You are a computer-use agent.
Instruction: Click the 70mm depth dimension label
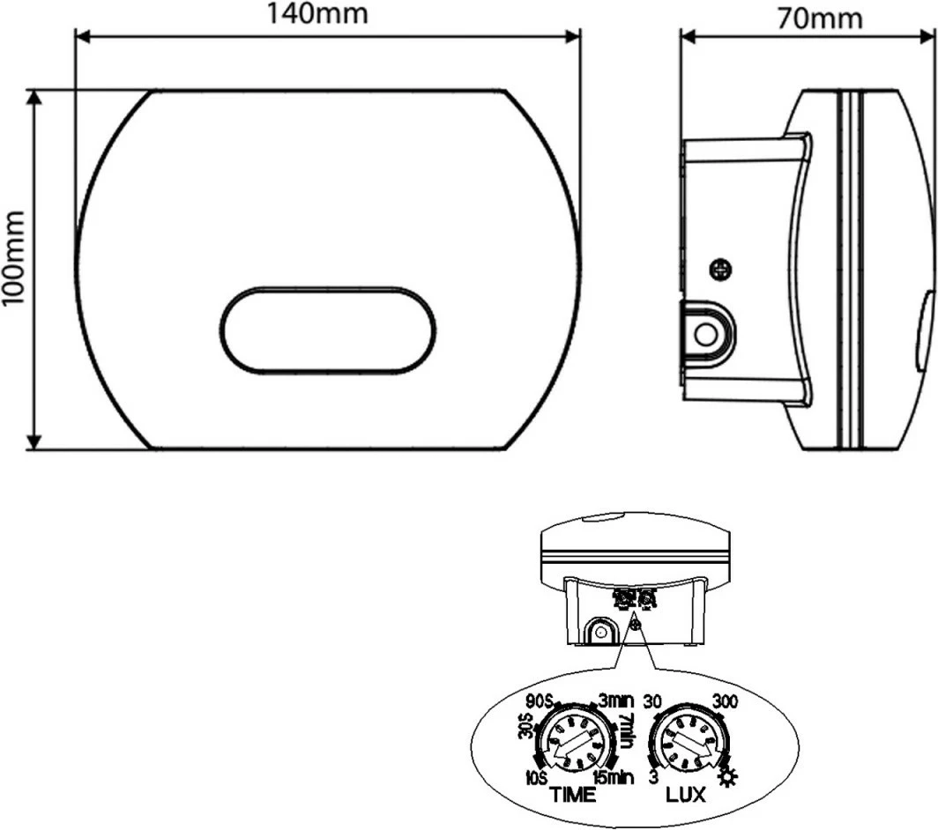[x=820, y=18]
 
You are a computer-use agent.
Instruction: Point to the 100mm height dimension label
[x=13, y=258]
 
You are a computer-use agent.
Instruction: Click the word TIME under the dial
[x=573, y=795]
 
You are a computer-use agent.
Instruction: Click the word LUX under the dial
[x=686, y=795]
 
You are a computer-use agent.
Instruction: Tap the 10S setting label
[x=536, y=776]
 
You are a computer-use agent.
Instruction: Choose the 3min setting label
[x=616, y=701]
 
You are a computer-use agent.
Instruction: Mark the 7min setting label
[x=625, y=730]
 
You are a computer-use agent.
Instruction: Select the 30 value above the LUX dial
[x=653, y=702]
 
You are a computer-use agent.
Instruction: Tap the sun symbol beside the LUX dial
[x=729, y=777]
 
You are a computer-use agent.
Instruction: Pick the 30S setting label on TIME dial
[x=525, y=728]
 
